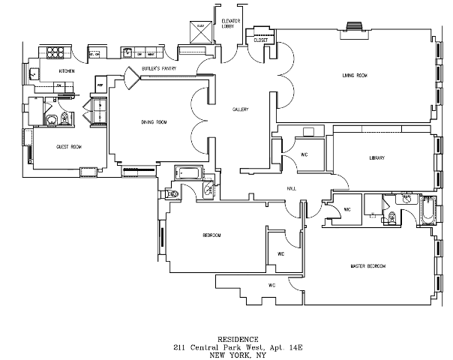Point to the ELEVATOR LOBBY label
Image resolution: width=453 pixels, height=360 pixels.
229,23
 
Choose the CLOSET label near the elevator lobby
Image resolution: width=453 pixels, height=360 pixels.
261,40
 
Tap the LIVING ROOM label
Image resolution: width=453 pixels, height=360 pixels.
354,74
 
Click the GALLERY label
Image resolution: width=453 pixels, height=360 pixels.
239,109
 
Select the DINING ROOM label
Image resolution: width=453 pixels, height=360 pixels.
154,121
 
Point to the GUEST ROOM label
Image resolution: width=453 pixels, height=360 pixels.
68,146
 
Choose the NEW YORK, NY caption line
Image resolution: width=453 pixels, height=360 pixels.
237,355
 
